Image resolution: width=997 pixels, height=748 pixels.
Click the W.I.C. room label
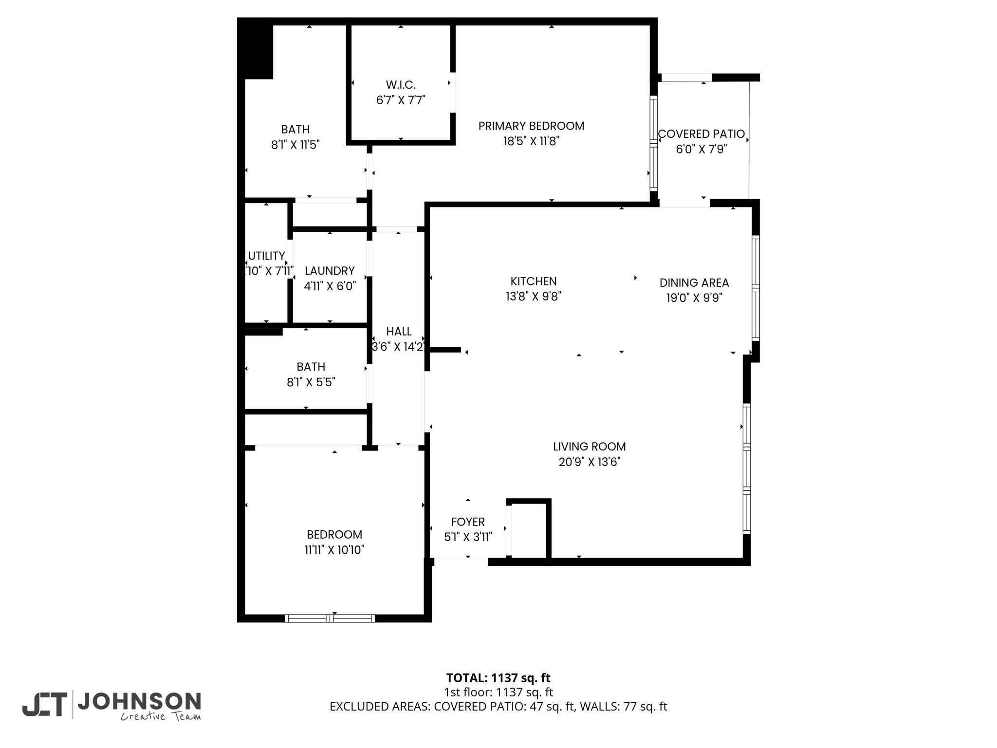coord(401,85)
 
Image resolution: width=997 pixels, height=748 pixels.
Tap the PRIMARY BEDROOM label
coord(531,126)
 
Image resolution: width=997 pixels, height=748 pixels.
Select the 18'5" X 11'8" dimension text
coord(531,141)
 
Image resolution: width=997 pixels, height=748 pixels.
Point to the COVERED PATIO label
coord(702,134)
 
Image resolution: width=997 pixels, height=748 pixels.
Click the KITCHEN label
coord(534,281)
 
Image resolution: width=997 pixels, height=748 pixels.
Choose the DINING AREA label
coord(694,282)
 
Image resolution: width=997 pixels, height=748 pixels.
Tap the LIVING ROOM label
coord(590,446)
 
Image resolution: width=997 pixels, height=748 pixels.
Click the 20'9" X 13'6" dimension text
coord(590,462)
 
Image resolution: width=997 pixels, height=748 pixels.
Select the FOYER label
coord(468,522)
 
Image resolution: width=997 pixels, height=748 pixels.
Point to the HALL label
coord(399,331)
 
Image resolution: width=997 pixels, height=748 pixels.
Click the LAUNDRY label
coord(330,270)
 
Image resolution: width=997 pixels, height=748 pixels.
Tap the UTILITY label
coord(266,256)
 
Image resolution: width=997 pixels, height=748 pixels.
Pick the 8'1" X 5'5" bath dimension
coord(311,382)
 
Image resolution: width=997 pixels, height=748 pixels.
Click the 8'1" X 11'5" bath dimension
coord(295,145)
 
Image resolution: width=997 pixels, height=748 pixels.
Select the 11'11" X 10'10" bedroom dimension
coord(334,550)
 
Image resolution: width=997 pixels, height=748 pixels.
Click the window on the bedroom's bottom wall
coord(330,618)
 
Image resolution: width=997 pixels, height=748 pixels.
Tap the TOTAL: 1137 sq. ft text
coord(498,678)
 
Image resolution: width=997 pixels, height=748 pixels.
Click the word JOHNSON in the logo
coord(139,701)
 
